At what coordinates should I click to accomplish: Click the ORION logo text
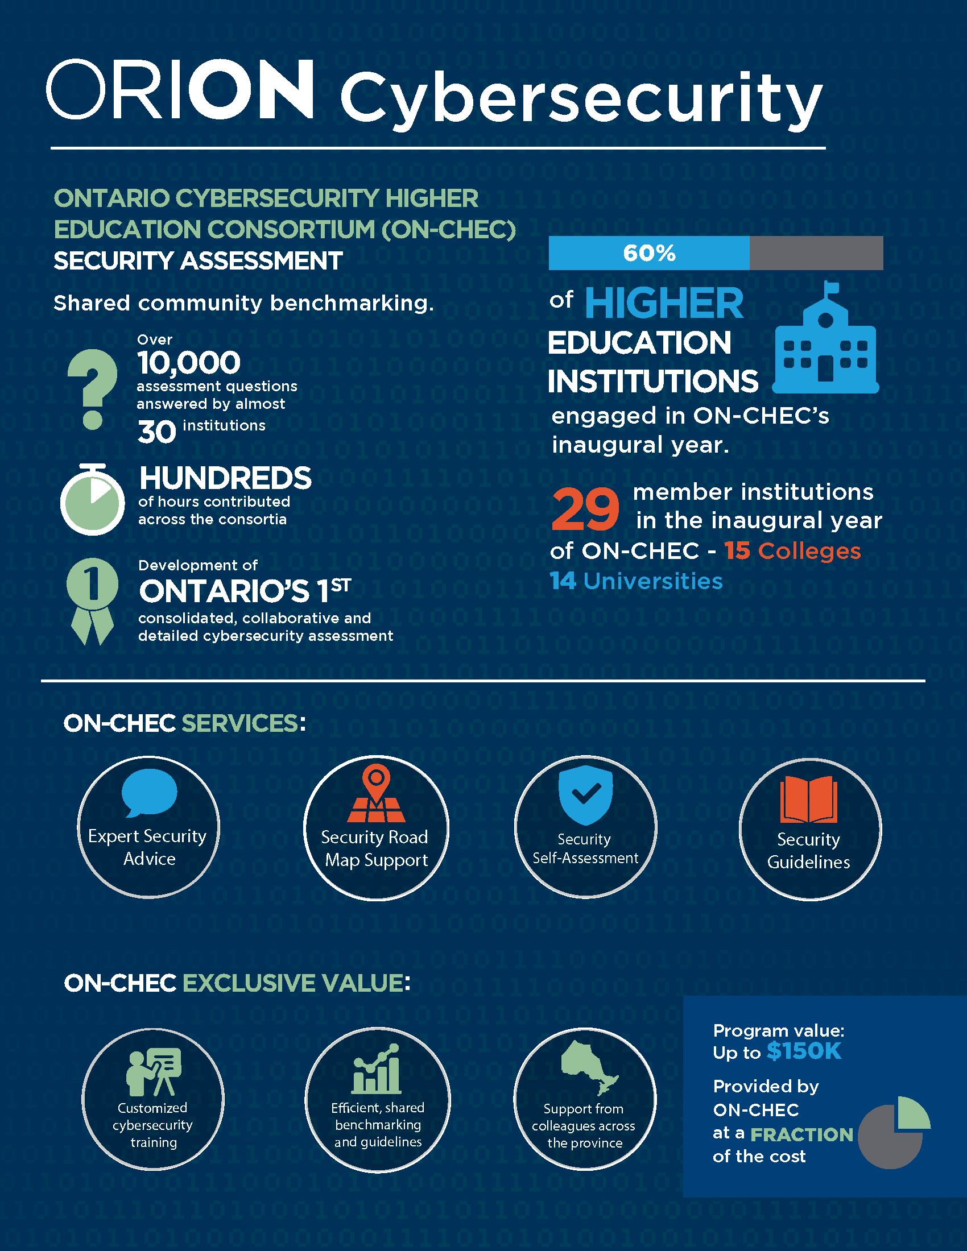pos(179,89)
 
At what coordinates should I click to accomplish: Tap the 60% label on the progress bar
pos(649,253)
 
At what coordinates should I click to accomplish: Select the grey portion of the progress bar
pos(816,253)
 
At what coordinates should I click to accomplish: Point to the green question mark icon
pos(92,388)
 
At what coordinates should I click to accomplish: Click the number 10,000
pos(188,363)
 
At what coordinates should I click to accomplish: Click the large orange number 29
pos(585,509)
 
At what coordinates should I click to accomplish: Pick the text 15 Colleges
pos(792,551)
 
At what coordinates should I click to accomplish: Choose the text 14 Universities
pos(636,581)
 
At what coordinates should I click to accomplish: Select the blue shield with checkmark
pos(585,794)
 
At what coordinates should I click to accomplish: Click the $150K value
pos(804,1051)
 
